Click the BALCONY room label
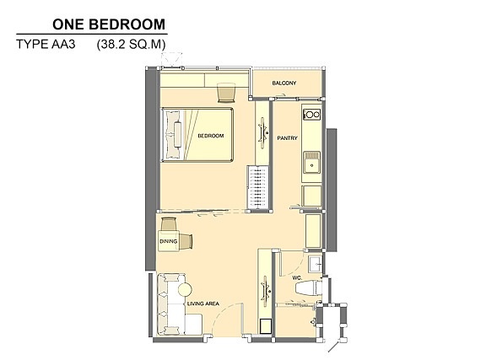pyautogui.click(x=284, y=83)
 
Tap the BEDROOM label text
pyautogui.click(x=211, y=136)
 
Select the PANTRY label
pyautogui.click(x=288, y=138)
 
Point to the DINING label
pyautogui.click(x=168, y=241)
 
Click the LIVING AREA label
pyautogui.click(x=203, y=304)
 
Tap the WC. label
pyautogui.click(x=297, y=278)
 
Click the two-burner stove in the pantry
pyautogui.click(x=311, y=115)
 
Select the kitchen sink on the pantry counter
pyautogui.click(x=311, y=162)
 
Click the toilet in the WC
pyautogui.click(x=308, y=287)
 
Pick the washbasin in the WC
pyautogui.click(x=315, y=264)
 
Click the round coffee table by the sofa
pyautogui.click(x=185, y=290)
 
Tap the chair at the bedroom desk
pyautogui.click(x=226, y=93)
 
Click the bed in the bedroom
pyautogui.click(x=197, y=134)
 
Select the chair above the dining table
pyautogui.click(x=169, y=223)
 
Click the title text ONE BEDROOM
pyautogui.click(x=109, y=24)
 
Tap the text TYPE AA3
pyautogui.click(x=46, y=45)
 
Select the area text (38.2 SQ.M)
pyautogui.click(x=131, y=45)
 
